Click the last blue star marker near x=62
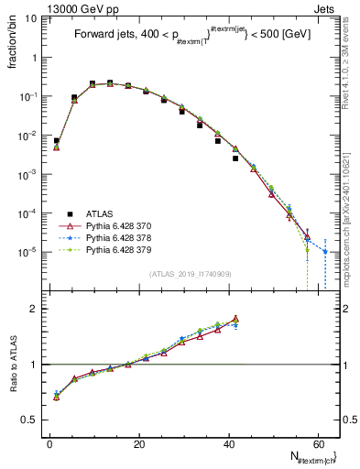(x=325, y=251)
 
